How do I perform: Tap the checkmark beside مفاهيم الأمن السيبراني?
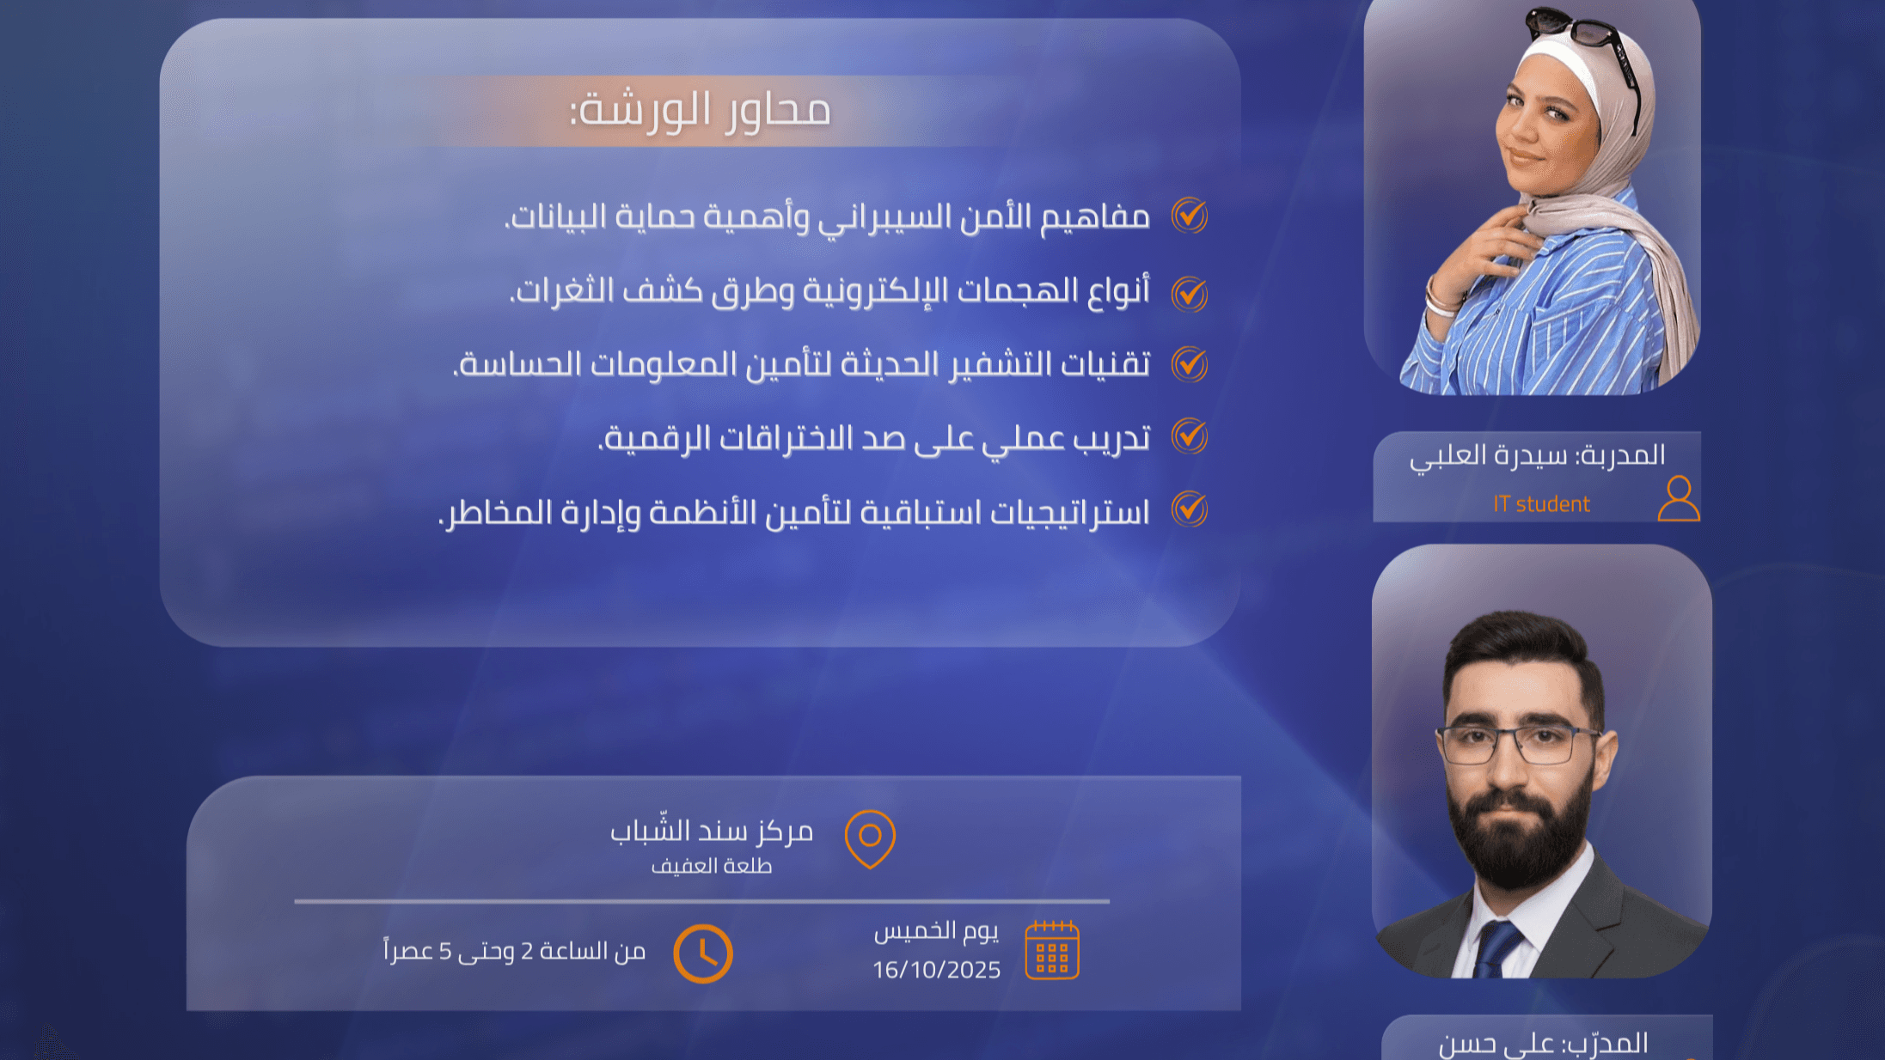[1190, 216]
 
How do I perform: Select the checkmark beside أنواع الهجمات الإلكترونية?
[1190, 294]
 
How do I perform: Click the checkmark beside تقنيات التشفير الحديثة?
[1190, 364]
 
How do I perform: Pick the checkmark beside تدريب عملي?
[1190, 436]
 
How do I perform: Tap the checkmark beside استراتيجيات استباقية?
[1190, 509]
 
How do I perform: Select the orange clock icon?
[703, 953]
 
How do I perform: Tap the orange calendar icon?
[1052, 950]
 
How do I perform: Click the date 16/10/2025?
[936, 970]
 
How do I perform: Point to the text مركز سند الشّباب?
[712, 831]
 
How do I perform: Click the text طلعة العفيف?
[712, 866]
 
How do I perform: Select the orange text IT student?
[1541, 504]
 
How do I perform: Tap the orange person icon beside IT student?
[1679, 499]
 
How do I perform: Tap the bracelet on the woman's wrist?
[1441, 296]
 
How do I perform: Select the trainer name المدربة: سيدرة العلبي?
[1537, 455]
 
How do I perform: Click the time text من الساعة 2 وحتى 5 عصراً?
[514, 951]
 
